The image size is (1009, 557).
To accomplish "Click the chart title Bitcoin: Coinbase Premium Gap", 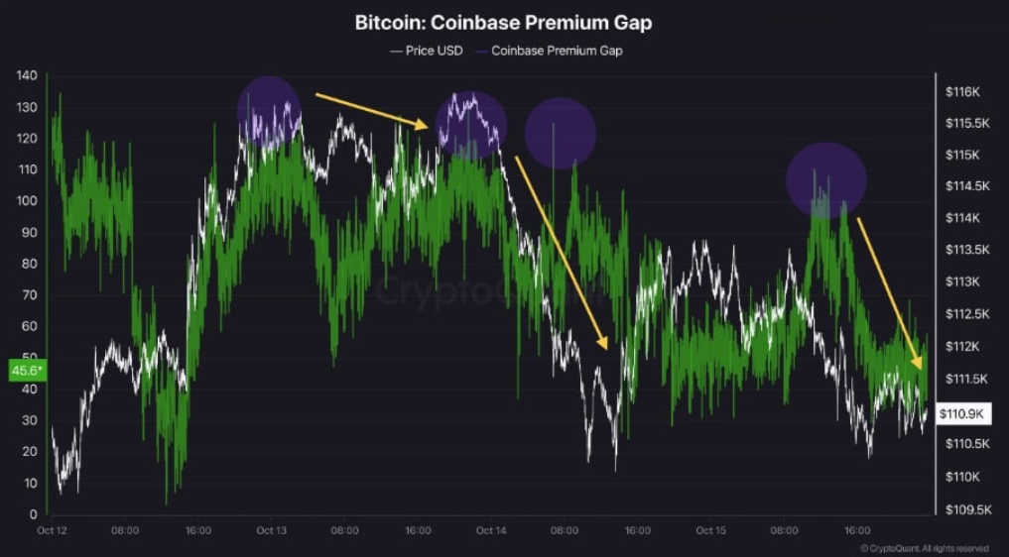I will click(504, 22).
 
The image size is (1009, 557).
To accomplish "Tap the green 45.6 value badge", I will click(27, 370).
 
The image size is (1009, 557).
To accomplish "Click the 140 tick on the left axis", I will click(26, 75).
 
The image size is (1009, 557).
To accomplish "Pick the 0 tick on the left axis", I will click(32, 514).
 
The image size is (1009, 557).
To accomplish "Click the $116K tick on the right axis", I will click(961, 92).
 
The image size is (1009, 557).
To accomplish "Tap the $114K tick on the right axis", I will click(961, 218).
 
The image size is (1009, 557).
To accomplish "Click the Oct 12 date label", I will click(52, 531).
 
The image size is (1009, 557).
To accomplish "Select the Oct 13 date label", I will click(271, 531).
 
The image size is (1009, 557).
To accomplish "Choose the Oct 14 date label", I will click(490, 531).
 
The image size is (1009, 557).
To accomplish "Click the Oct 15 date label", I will click(710, 531).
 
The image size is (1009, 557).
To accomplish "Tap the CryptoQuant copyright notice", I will click(924, 548).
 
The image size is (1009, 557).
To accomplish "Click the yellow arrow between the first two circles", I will click(371, 110).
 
